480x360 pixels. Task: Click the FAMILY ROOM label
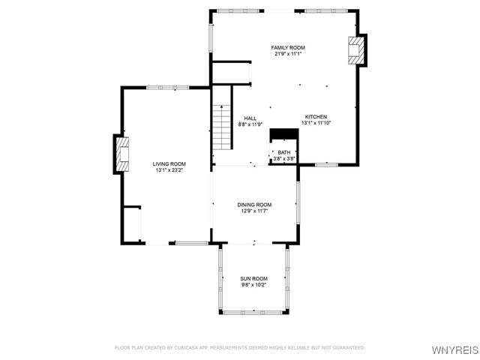(x=288, y=47)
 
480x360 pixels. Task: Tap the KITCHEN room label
(x=315, y=116)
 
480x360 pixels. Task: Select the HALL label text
(x=250, y=118)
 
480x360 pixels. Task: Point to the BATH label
(x=283, y=152)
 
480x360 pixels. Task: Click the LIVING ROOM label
(x=169, y=163)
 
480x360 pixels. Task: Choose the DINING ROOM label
(x=254, y=205)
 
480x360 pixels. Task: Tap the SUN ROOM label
(x=253, y=278)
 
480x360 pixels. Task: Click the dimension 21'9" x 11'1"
(x=288, y=54)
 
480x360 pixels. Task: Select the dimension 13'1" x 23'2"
(x=169, y=170)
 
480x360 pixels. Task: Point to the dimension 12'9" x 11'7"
(x=254, y=211)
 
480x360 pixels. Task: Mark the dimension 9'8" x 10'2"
(x=253, y=285)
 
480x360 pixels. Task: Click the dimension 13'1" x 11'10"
(x=315, y=123)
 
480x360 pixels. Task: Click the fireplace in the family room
(x=355, y=50)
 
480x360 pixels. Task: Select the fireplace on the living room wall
(x=121, y=154)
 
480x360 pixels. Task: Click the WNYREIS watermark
(x=456, y=350)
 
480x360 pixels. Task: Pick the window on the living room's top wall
(x=167, y=88)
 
